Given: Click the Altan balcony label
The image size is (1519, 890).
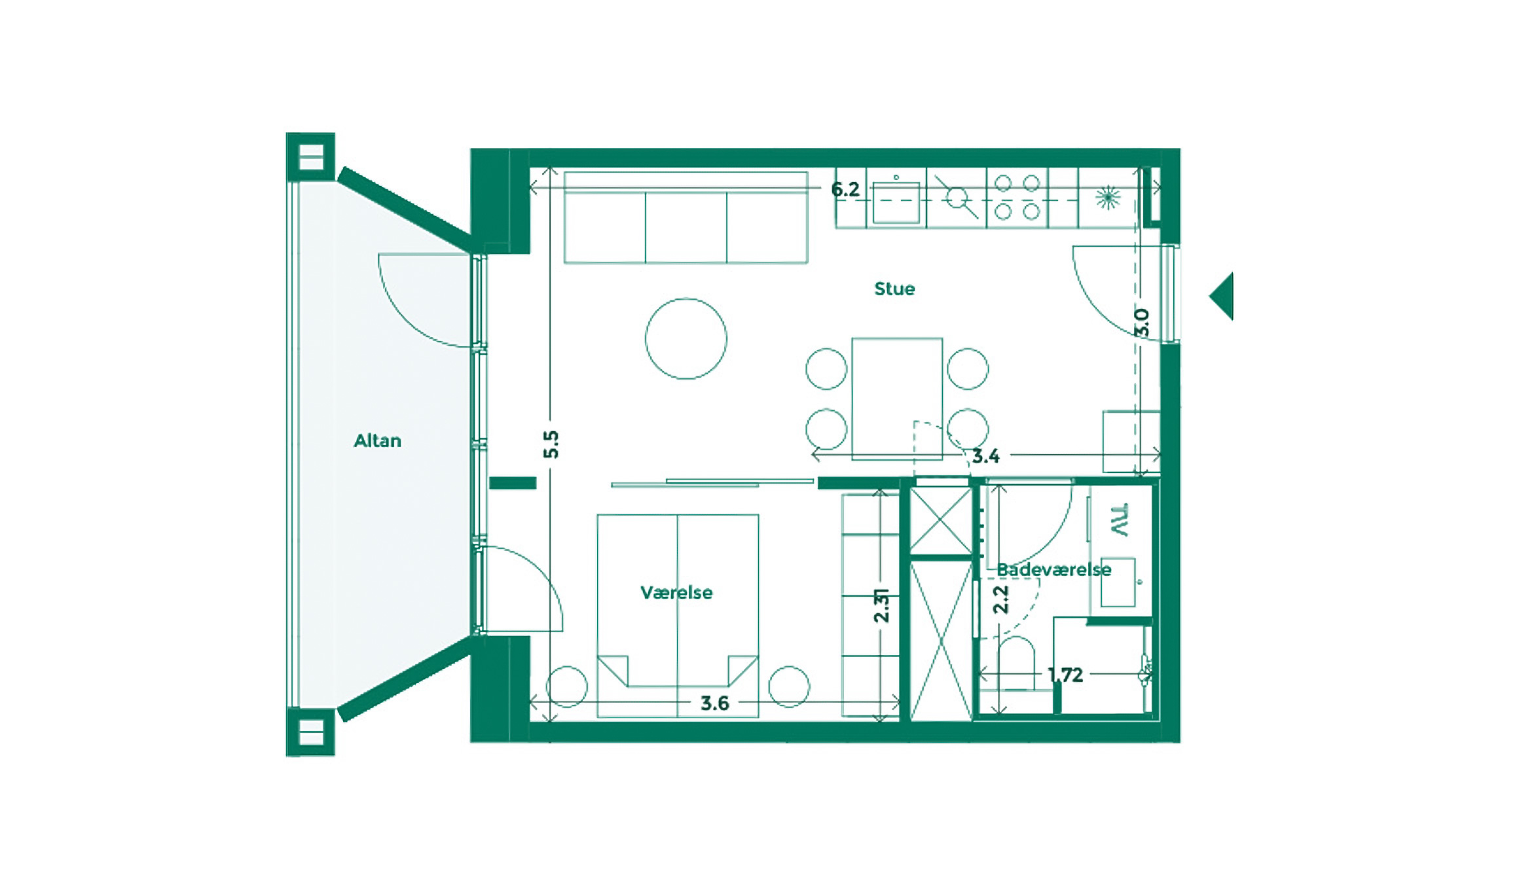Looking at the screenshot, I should coord(377,440).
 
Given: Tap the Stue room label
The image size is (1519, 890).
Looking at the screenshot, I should coord(894,289).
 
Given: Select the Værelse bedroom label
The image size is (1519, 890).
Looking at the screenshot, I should coord(676,592).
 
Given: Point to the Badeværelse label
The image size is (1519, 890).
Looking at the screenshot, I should coord(1053,569).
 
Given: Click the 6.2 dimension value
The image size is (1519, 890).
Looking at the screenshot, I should coord(845,189).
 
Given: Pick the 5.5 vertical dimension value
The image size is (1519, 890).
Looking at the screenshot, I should coord(551,444).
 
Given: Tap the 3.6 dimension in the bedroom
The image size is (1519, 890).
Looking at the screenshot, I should coord(714,703).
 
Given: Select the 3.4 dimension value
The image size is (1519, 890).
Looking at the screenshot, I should coord(985,455).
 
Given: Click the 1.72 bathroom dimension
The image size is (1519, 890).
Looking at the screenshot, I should coord(1065,674).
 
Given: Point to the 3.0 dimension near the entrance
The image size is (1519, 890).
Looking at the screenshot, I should coord(1141,322).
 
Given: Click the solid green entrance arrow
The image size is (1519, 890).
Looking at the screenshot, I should coord(1223,296).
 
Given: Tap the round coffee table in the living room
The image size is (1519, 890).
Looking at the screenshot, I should coord(686,338).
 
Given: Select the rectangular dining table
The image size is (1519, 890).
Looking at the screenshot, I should coord(896,397).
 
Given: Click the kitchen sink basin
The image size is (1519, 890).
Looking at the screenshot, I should coord(896,202).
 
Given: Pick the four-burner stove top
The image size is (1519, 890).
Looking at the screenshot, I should coord(1017,197).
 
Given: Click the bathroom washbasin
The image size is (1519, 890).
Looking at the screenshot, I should coord(1118,582).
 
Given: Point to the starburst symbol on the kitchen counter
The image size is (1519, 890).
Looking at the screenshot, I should coord(1108,197).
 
